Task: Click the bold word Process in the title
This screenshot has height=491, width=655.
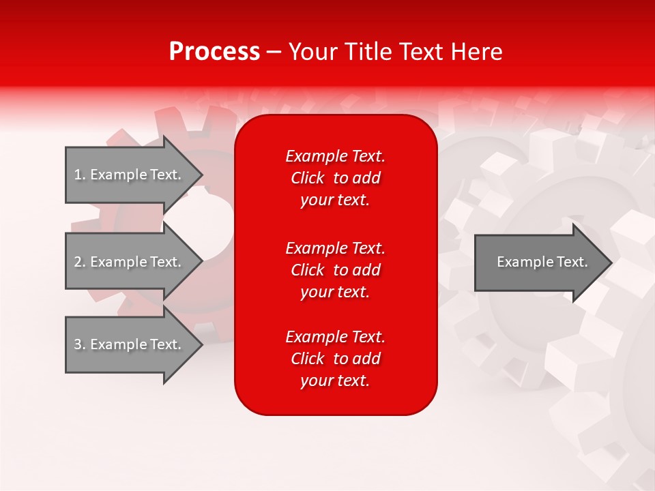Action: coord(214,52)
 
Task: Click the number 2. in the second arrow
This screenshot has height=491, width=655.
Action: coord(80,262)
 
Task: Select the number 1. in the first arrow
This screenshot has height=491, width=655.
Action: coord(80,175)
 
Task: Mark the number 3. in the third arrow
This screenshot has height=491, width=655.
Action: coord(80,344)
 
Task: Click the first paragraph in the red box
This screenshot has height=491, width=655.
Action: coord(335,178)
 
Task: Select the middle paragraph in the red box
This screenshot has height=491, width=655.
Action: coord(335,270)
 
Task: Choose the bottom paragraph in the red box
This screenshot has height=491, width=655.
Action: coord(335,359)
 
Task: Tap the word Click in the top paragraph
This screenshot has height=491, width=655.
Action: coord(307,178)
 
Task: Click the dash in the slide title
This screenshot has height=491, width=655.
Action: coord(274,52)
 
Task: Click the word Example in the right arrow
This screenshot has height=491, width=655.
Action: coord(520,262)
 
